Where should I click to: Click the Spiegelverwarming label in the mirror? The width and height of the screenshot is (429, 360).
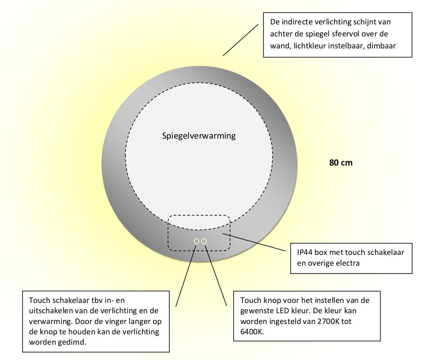click(x=199, y=136)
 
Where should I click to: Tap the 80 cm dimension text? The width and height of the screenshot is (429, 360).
click(x=341, y=163)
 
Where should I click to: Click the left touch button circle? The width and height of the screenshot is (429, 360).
click(x=197, y=241)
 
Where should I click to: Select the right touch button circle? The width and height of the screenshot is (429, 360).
click(x=204, y=241)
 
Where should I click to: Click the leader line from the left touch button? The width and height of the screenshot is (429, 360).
click(x=186, y=274)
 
